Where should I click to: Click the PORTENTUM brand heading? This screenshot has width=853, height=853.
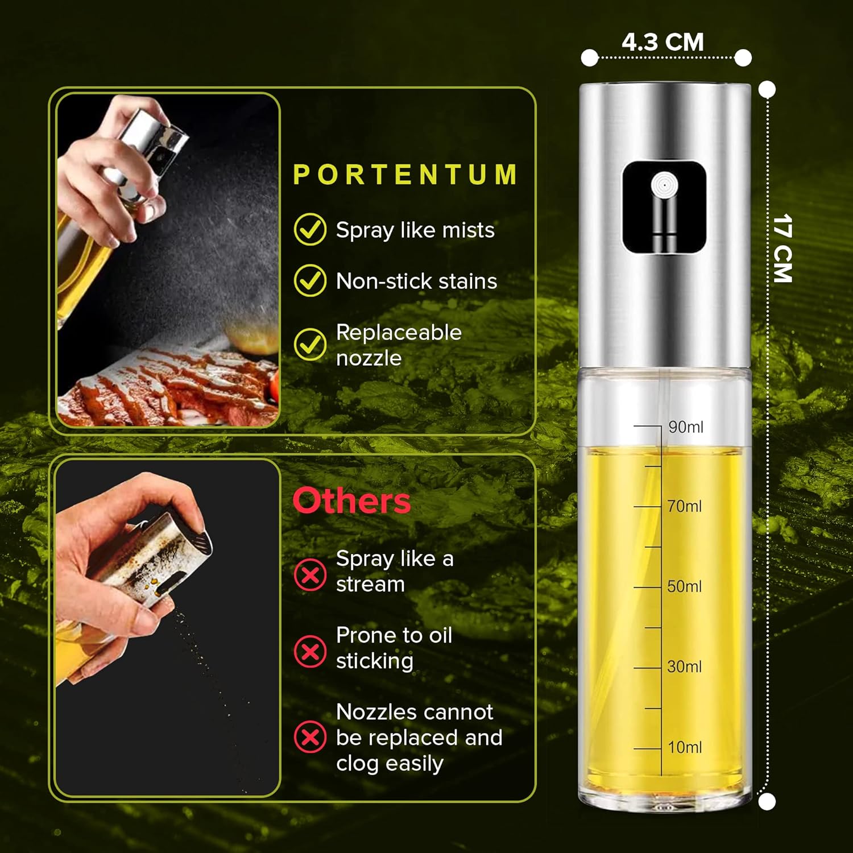pyautogui.click(x=405, y=175)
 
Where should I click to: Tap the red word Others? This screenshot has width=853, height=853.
pyautogui.click(x=351, y=501)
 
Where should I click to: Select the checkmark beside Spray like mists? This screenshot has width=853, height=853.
pyautogui.click(x=310, y=229)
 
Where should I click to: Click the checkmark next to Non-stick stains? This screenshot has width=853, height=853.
pyautogui.click(x=310, y=280)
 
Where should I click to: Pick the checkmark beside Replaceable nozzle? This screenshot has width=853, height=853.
pyautogui.click(x=310, y=344)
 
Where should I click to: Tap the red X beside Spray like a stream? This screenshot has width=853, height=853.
pyautogui.click(x=310, y=575)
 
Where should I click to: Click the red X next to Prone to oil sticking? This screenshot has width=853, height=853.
pyautogui.click(x=310, y=651)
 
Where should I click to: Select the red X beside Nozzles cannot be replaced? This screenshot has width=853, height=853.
pyautogui.click(x=310, y=737)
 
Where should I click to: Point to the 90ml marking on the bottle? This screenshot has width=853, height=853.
pyautogui.click(x=685, y=427)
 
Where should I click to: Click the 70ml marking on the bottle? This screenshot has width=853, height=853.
pyautogui.click(x=685, y=506)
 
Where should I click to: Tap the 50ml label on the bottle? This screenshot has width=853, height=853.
pyautogui.click(x=685, y=586)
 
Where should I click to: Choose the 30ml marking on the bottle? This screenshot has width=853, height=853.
pyautogui.click(x=685, y=666)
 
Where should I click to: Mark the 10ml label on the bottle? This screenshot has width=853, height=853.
pyautogui.click(x=685, y=747)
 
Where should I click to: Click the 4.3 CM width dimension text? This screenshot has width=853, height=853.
pyautogui.click(x=662, y=42)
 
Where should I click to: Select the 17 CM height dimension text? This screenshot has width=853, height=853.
pyautogui.click(x=783, y=249)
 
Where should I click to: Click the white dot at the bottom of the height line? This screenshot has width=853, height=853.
pyautogui.click(x=767, y=802)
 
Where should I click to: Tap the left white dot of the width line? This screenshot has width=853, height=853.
pyautogui.click(x=590, y=57)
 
